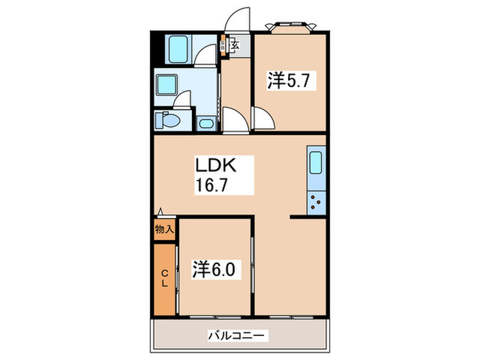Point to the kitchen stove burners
[317, 202]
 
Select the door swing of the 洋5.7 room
[264, 121]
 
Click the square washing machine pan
[167, 86]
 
